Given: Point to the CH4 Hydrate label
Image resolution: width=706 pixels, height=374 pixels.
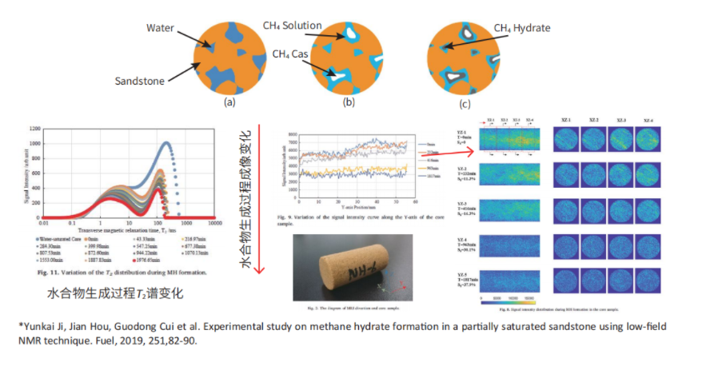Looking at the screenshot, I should point(521,28).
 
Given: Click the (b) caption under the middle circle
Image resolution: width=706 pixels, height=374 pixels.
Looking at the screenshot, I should point(349,102).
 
